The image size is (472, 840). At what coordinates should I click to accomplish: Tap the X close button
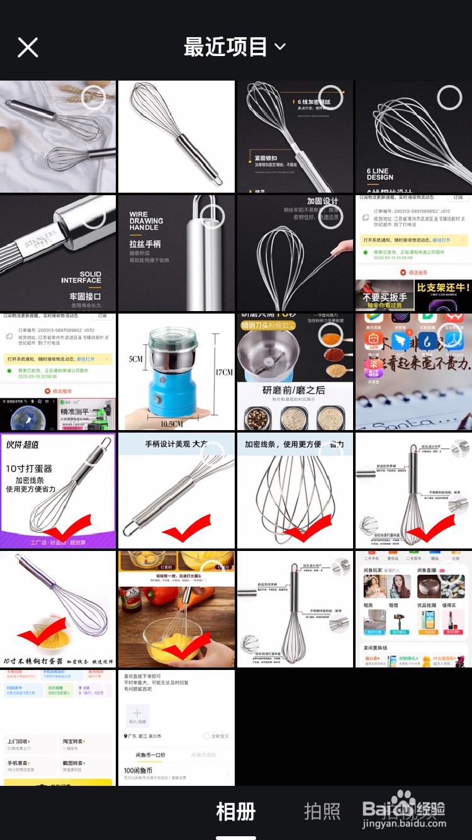coord(28,47)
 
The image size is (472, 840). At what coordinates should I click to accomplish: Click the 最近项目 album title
coord(225,47)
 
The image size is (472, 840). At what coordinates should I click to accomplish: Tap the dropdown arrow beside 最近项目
coord(280,47)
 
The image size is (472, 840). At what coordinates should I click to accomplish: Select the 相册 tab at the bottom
coord(235,812)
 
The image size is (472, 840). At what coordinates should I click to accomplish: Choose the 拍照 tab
coord(322,812)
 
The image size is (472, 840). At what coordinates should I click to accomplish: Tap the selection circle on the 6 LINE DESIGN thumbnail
coord(449,98)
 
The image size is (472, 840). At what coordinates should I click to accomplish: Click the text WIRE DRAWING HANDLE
coord(146,221)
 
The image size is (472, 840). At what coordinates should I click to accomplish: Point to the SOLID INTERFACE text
coord(81,277)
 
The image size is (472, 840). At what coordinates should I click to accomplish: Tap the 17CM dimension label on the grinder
coord(223,372)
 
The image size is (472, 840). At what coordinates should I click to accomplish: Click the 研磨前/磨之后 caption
coord(294,390)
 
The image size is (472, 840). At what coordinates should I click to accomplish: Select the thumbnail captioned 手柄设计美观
coord(176,490)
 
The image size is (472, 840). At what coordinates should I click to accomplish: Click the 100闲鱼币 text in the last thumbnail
coord(138,771)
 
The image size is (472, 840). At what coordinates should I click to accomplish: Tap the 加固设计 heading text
coord(322,201)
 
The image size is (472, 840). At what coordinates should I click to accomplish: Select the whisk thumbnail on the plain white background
coord(176,137)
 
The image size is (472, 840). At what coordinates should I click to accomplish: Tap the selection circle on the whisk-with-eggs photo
coord(93,98)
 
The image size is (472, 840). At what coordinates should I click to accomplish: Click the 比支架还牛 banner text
coord(443,288)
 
